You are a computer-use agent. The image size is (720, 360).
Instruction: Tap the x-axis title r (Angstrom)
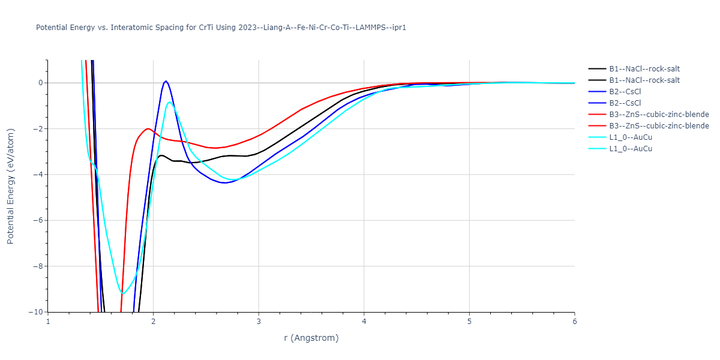point(311,338)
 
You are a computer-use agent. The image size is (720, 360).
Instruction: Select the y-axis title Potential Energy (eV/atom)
point(10,186)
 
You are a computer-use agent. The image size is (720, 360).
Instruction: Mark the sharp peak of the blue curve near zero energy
point(166,80)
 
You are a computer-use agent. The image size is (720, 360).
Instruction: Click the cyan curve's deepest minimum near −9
point(124,293)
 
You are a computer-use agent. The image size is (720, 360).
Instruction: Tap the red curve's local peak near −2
point(148,128)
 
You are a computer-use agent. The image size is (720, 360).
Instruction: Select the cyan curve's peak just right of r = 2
point(170,102)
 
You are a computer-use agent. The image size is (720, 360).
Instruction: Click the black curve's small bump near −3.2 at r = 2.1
point(161,155)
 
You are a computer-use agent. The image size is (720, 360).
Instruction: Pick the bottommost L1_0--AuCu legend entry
point(630,149)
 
